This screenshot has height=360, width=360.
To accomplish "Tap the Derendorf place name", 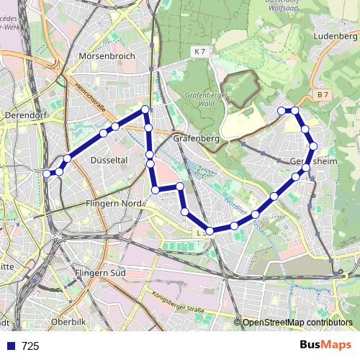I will coord(26,114).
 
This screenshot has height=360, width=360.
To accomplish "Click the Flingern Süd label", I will coord(100,273).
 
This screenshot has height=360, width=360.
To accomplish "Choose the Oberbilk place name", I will coord(70,320).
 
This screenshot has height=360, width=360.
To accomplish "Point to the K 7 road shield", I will coord(199,52).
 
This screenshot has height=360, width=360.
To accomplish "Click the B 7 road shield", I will coord(323,94).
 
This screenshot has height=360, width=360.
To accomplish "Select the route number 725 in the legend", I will coord(30,346).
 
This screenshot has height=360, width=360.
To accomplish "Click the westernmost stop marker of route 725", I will coord(47,173).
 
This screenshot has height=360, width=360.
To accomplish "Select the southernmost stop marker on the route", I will coord(210,230).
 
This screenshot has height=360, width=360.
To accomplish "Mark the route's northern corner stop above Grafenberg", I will coord(145,109).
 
